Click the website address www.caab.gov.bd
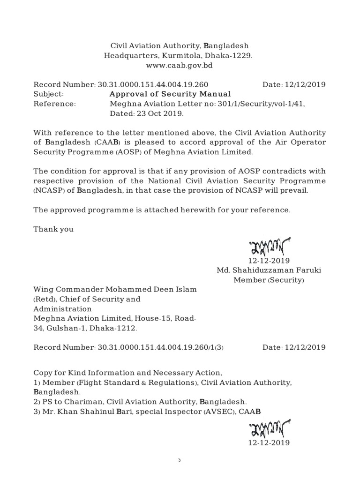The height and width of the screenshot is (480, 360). [180, 65]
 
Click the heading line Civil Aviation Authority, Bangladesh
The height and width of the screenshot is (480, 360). [180, 46]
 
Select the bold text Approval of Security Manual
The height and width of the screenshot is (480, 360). [170, 94]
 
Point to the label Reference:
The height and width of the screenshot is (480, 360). [54, 104]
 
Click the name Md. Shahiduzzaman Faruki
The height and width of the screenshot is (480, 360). [269, 270]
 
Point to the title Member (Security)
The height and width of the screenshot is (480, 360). [269, 280]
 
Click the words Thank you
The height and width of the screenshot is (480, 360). [53, 229]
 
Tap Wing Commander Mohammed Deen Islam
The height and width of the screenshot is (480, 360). [115, 290]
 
